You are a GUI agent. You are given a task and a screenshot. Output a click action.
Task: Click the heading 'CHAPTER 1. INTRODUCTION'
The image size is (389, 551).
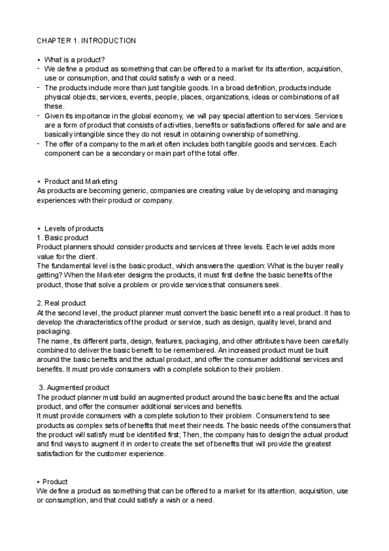86,41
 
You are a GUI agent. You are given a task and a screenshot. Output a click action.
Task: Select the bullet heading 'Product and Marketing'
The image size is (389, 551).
81,181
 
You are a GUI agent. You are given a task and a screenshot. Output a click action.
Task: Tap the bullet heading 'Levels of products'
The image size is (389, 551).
74,229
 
